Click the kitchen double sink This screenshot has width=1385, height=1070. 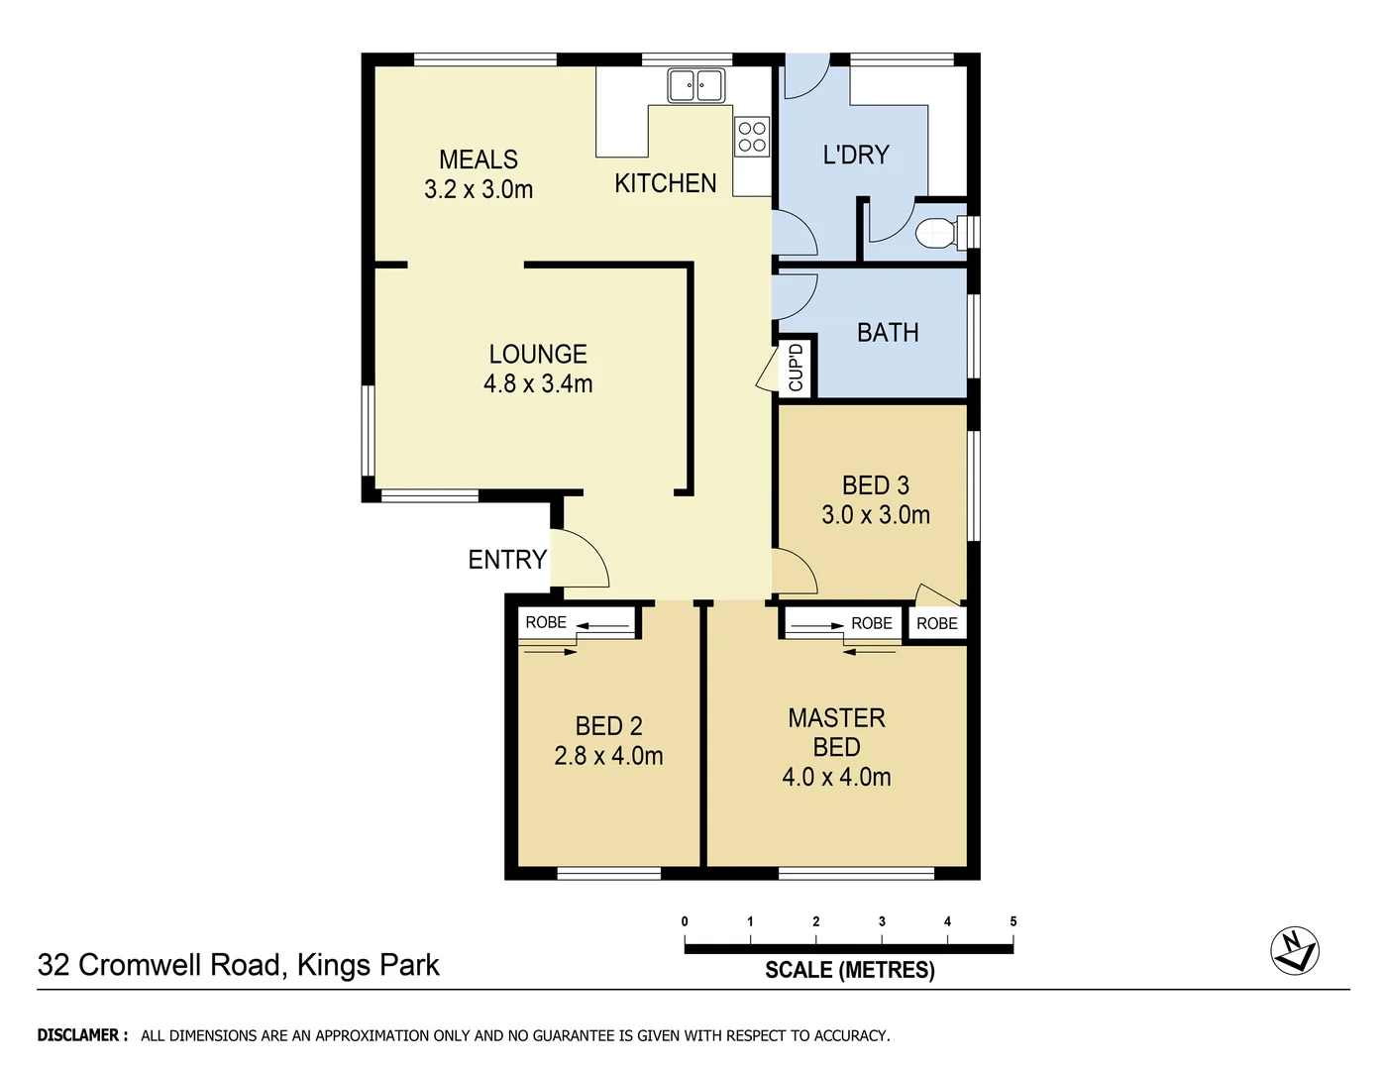[x=695, y=85]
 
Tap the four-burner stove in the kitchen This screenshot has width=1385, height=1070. [x=752, y=137]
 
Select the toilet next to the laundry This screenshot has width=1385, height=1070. [x=936, y=233]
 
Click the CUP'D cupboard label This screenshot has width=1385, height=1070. [x=796, y=368]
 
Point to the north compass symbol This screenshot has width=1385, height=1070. [x=1294, y=951]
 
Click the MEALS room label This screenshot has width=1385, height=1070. [x=479, y=160]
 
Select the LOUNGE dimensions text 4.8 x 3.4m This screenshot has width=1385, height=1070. [x=538, y=383]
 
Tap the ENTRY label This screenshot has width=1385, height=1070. [x=507, y=560]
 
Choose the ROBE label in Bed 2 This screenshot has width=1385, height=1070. [x=546, y=622]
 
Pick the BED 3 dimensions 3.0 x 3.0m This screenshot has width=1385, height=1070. [x=876, y=515]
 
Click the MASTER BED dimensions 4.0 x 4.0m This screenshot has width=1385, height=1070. [x=836, y=777]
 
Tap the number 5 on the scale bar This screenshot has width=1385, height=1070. [x=1012, y=921]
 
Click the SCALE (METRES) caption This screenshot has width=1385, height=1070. [x=849, y=970]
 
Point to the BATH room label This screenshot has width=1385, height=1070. [x=888, y=333]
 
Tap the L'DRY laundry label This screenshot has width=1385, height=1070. [x=856, y=155]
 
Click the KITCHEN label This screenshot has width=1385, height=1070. [x=665, y=183]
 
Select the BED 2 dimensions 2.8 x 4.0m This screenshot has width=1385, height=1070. [x=608, y=756]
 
